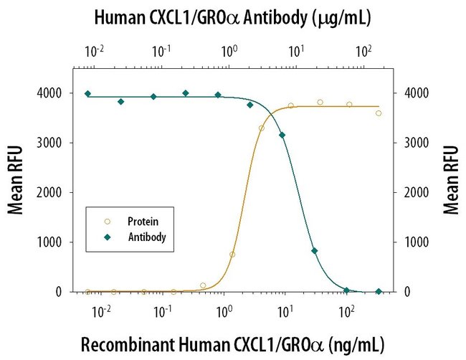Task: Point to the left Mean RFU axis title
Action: point(15,179)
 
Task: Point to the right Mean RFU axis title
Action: point(451,179)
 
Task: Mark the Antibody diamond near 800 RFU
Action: point(315,251)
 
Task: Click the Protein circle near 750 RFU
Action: point(232,254)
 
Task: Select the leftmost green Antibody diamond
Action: point(87,94)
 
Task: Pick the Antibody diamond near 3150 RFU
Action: point(282,135)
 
